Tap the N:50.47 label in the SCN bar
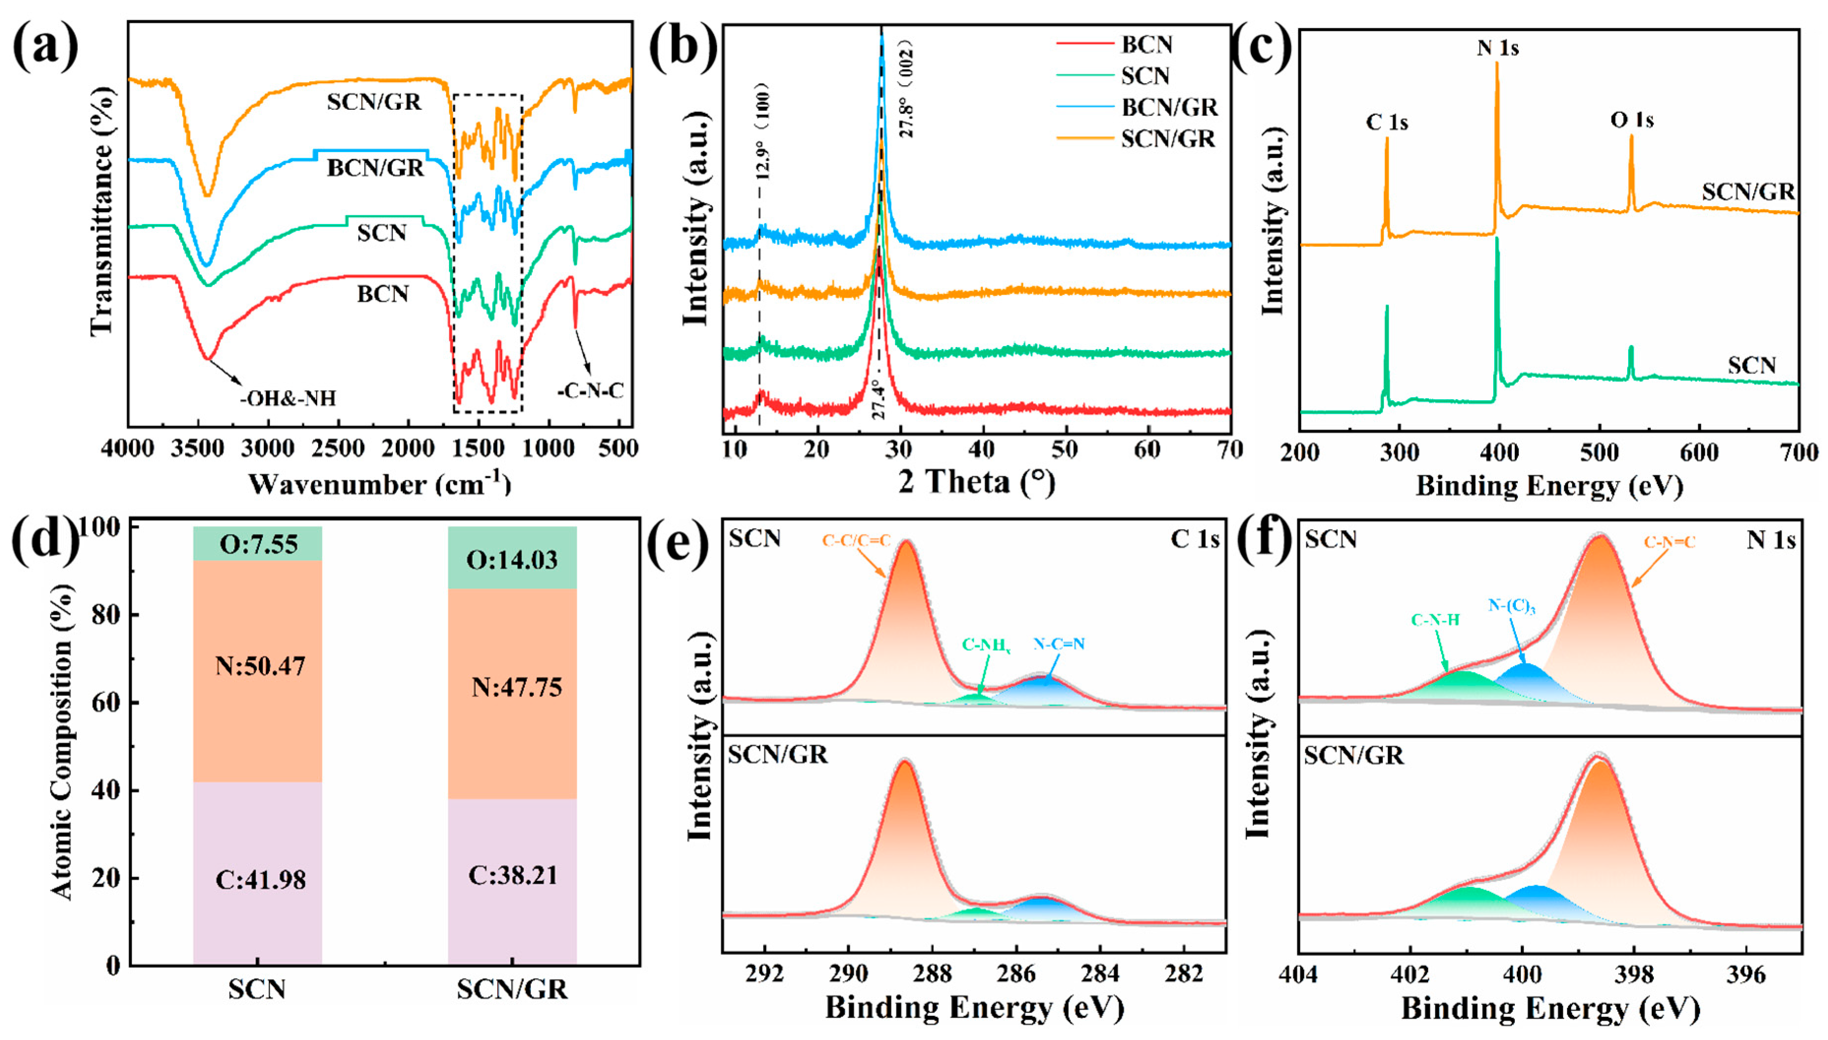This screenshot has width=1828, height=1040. coord(260,666)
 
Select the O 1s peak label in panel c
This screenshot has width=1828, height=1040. coord(1632,120)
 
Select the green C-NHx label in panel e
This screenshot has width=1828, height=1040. coord(986,646)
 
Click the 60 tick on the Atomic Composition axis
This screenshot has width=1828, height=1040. coord(106,702)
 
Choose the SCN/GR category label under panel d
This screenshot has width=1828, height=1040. coord(512,989)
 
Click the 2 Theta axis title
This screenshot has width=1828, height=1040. coord(976,482)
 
